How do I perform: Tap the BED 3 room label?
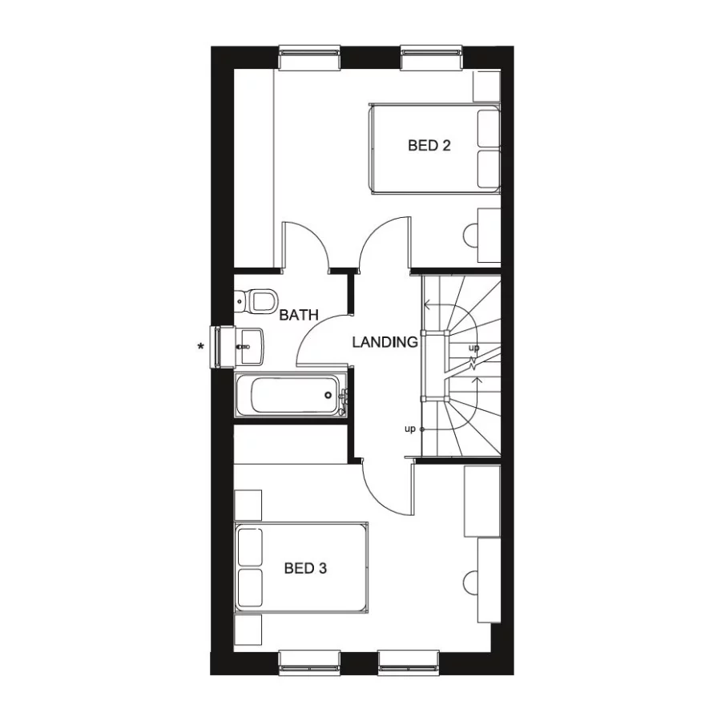tap(305, 569)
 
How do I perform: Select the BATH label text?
tap(299, 315)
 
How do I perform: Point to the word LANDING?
tap(385, 342)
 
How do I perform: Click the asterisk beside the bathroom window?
tap(199, 347)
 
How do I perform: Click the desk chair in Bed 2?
tap(472, 232)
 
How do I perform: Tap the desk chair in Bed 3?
tap(472, 579)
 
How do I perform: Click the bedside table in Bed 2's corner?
tap(485, 86)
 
